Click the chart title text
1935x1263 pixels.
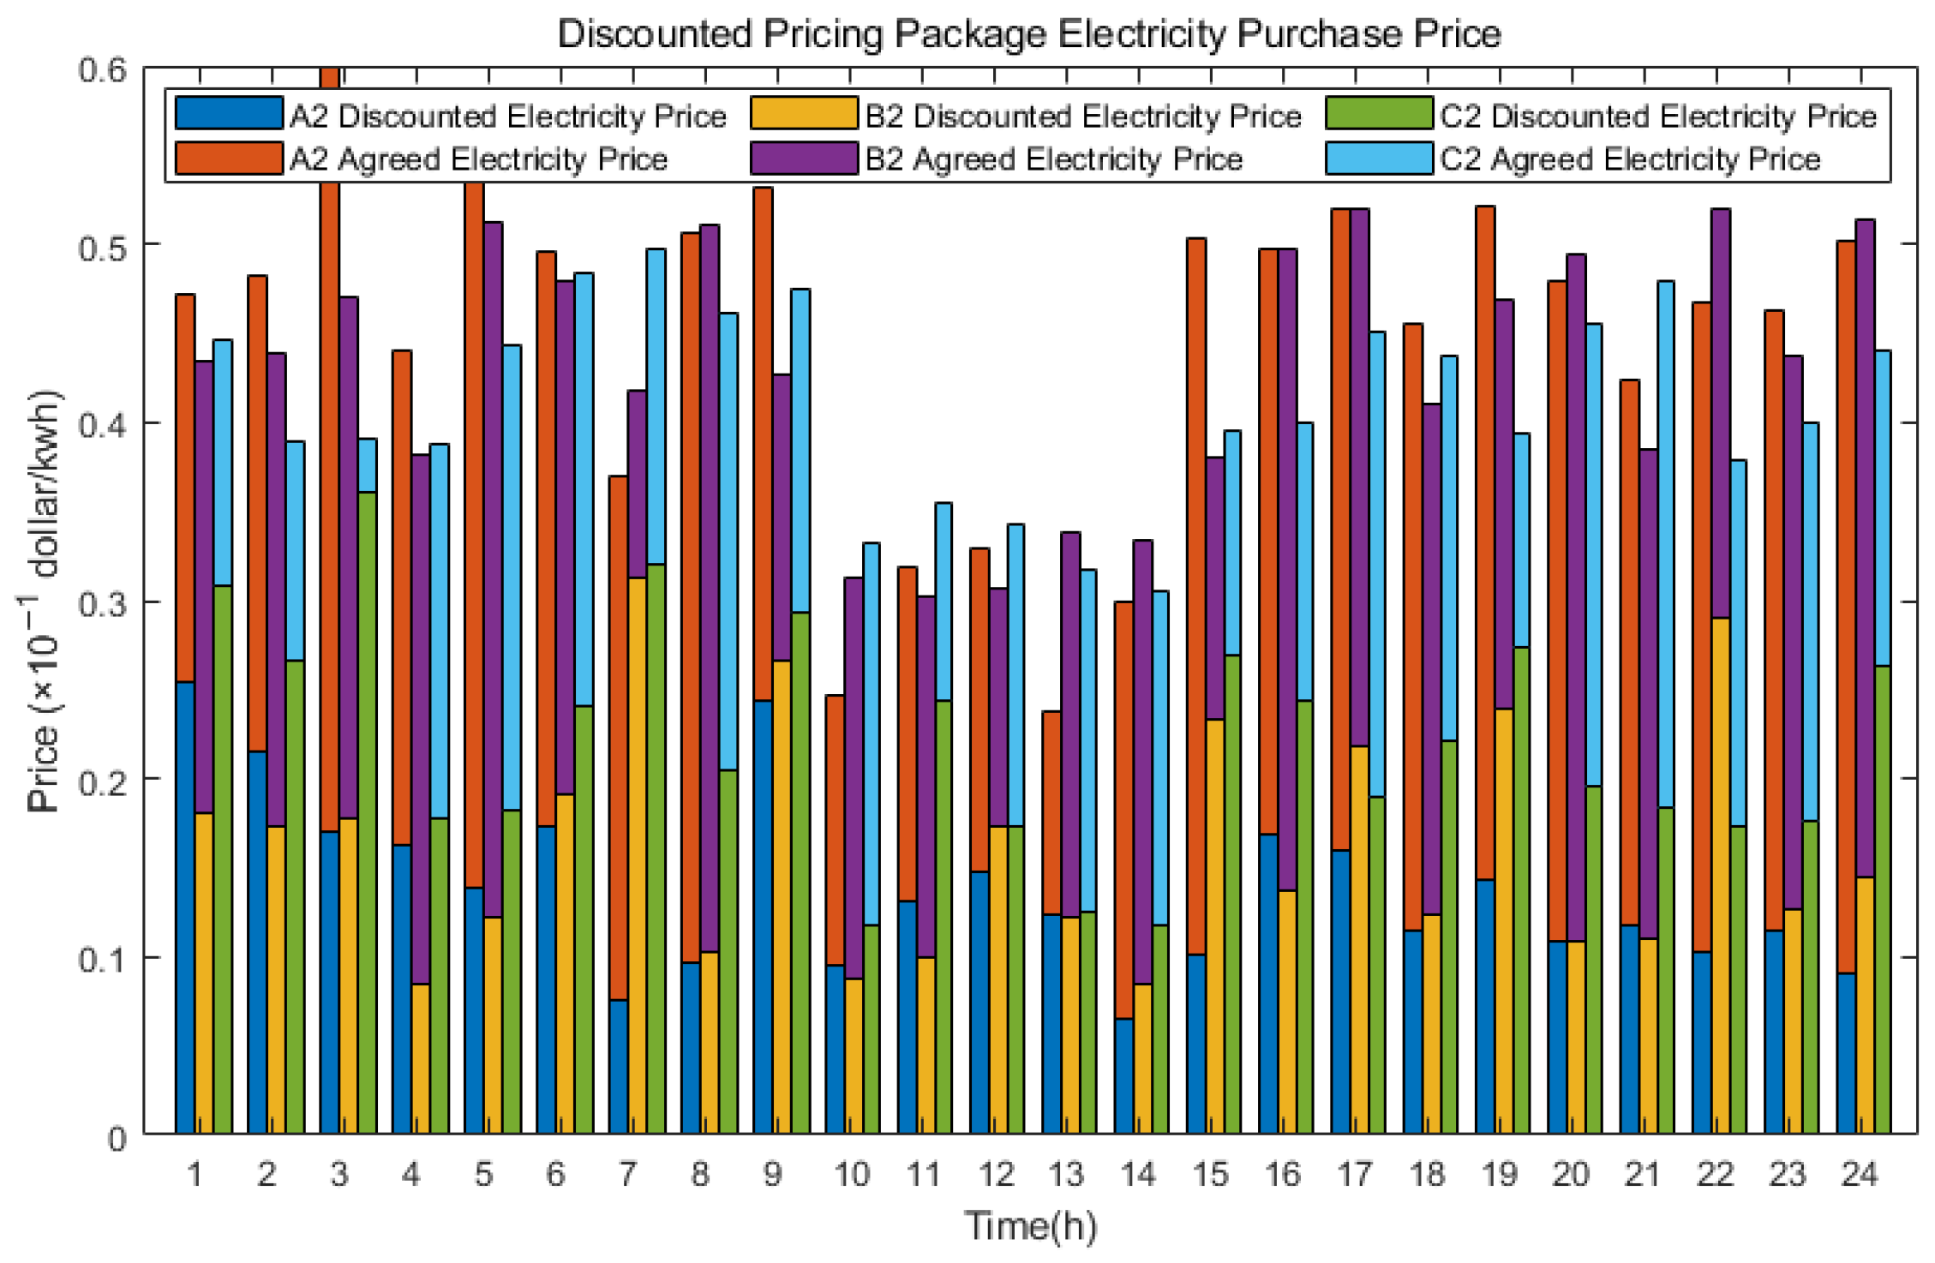(1028, 34)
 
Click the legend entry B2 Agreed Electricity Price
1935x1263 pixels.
(1052, 159)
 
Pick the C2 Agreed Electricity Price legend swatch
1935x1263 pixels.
(1379, 159)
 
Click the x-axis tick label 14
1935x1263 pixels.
(1138, 1174)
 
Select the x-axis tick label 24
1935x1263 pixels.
(1860, 1174)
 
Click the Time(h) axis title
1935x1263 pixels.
(1030, 1225)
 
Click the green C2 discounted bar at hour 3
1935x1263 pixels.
(367, 814)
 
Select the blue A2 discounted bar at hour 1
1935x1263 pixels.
(185, 908)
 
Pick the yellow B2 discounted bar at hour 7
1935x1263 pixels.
(637, 857)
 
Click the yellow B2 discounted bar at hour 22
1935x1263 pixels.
(1720, 874)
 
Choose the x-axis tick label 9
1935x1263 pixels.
(772, 1174)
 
